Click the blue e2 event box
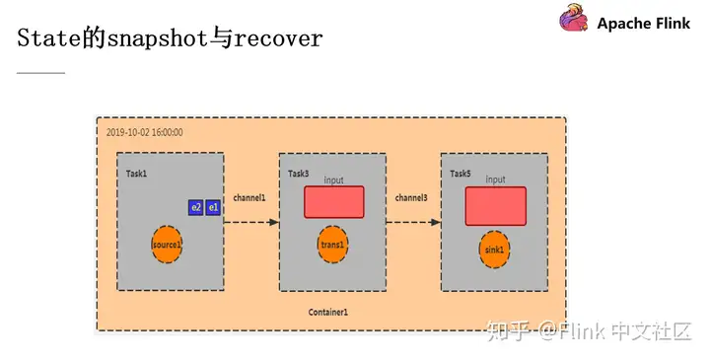point(196,207)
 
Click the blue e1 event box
point(213,207)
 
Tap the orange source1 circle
point(169,244)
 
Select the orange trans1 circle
point(331,243)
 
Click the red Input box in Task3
point(333,202)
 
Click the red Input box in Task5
point(495,205)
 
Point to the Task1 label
point(136,173)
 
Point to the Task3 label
point(298,174)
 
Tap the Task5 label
point(461,174)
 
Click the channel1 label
point(249,198)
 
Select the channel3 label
point(411,198)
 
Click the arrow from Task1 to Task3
point(250,222)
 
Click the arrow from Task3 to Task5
point(412,222)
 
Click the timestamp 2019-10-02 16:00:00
point(144,132)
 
